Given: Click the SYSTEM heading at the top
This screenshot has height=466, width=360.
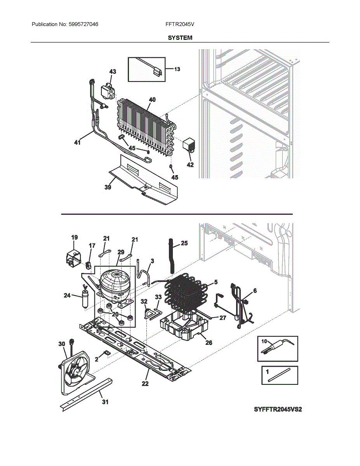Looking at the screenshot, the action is tap(180, 38).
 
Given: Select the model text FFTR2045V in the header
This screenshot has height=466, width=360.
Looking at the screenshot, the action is tap(180, 24).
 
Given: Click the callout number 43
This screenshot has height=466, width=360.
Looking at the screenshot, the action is tap(113, 72).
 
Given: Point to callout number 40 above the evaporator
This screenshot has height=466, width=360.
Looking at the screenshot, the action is tap(152, 100).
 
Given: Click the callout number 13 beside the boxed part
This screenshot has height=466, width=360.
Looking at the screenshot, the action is tap(177, 69).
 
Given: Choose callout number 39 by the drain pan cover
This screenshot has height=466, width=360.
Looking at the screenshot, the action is tap(108, 188).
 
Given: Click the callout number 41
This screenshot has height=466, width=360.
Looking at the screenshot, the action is tap(78, 143).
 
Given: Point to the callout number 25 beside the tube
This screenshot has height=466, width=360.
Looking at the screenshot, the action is tap(184, 243).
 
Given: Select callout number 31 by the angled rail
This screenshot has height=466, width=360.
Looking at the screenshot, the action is tap(105, 402).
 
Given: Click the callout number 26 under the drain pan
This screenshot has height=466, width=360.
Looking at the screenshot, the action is tap(209, 343).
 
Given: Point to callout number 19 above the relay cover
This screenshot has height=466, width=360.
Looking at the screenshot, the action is tap(75, 237).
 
